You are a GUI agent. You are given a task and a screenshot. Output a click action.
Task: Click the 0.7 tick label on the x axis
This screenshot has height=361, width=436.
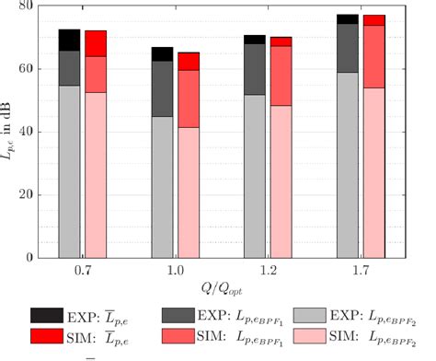[x=83, y=274]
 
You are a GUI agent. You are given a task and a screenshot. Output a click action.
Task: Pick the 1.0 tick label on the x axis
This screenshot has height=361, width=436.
[x=176, y=274]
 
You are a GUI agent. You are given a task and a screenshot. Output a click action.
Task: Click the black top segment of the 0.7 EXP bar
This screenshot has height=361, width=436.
[x=70, y=40]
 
